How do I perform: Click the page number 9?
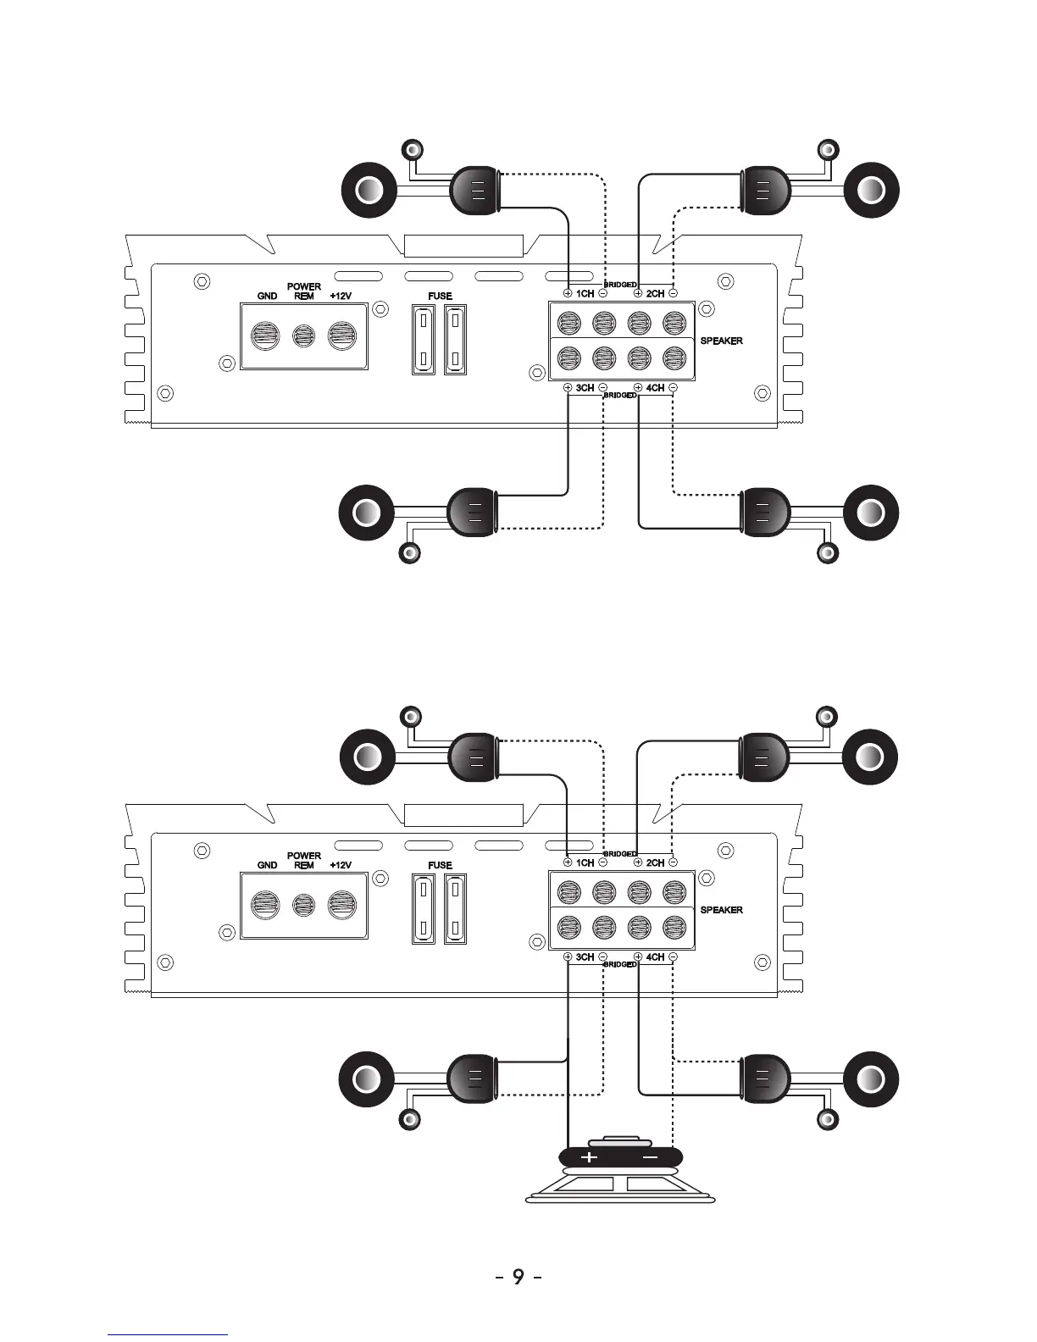coord(518,1277)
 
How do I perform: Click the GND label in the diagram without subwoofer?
coord(267,297)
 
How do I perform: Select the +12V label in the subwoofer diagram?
coord(341,866)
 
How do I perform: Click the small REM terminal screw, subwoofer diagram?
coord(304,905)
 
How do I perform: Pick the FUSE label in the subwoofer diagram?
coord(441,866)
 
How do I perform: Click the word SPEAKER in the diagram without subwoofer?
coord(722,341)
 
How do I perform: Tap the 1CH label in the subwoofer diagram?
coord(585,863)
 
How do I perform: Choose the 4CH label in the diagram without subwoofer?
coord(655,388)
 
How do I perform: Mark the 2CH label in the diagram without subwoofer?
coord(655,294)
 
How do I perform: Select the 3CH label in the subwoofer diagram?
coord(585,957)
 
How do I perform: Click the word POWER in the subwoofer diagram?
coord(304,856)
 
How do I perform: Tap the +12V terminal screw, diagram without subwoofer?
coord(341,335)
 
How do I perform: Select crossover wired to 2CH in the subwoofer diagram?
coord(764,757)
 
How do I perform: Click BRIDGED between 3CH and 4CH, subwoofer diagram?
coord(620,965)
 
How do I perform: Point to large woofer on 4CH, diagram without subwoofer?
coord(871,513)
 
